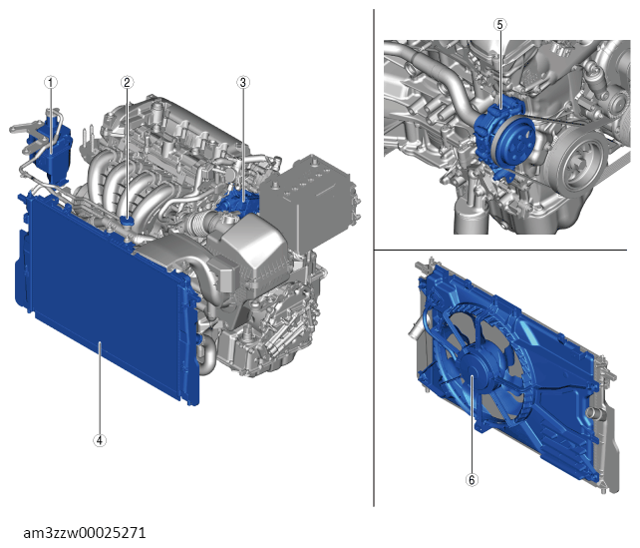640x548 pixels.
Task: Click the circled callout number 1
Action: (x=51, y=83)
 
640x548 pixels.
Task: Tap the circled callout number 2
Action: (x=127, y=83)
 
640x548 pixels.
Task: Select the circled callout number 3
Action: (x=243, y=83)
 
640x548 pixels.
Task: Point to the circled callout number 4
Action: (x=100, y=440)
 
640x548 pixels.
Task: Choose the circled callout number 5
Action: (x=500, y=25)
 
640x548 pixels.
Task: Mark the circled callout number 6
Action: (x=472, y=479)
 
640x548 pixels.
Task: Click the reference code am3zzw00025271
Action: (x=85, y=533)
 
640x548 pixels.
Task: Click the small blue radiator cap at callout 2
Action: (x=128, y=222)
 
